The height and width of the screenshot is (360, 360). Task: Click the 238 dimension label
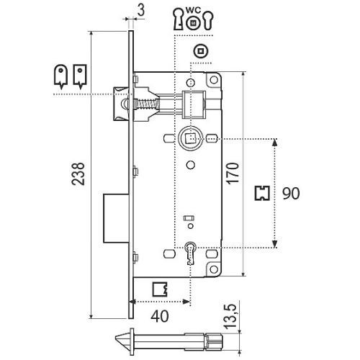pos(78,174)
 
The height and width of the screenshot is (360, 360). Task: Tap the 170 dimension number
pos(233,174)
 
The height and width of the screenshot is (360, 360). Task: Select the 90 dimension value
pos(291,194)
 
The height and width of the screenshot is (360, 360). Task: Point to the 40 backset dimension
pos(160,316)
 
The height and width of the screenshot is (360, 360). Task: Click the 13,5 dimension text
pos(230,316)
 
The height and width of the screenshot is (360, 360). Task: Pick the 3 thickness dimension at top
pos(141,11)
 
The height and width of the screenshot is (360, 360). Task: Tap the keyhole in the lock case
pos(191,253)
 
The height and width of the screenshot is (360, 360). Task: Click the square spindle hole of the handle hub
pos(191,139)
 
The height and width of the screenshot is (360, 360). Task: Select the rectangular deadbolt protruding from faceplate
pos(116,218)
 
